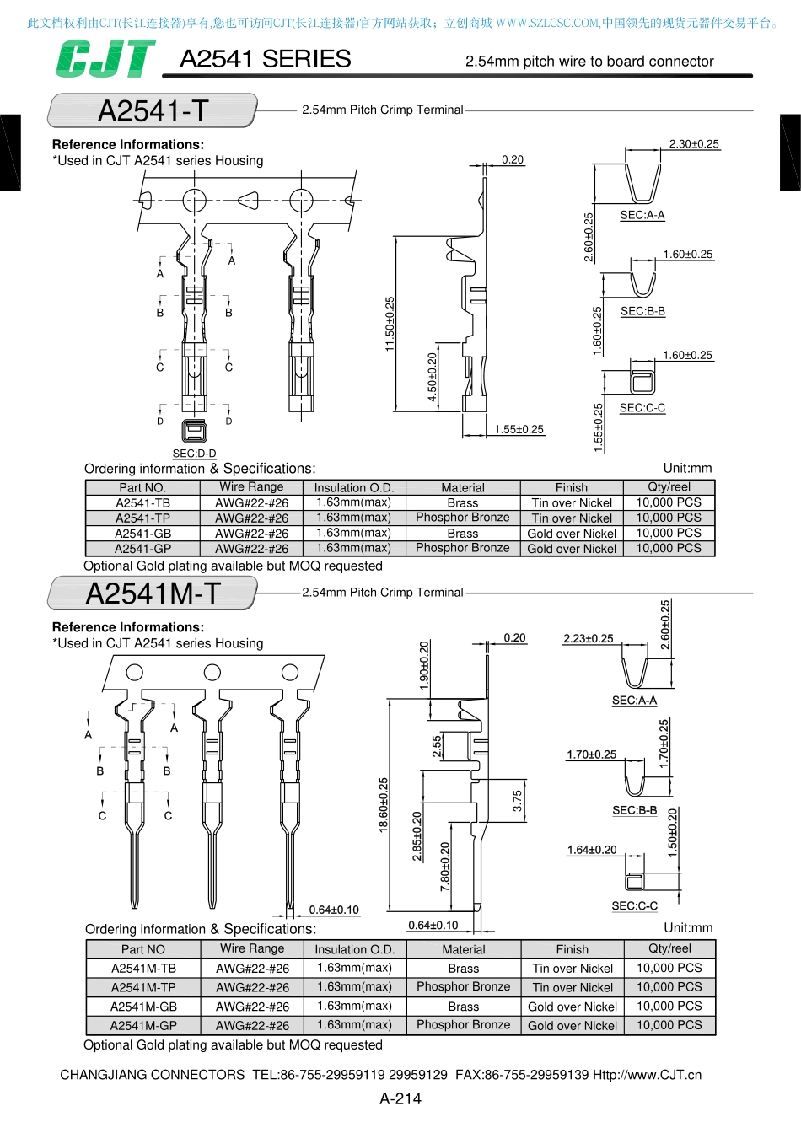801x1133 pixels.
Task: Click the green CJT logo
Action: [105, 59]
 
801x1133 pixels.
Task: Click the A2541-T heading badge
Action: [153, 110]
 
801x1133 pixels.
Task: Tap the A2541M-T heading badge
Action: [153, 593]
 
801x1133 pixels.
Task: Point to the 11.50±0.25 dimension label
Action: [390, 324]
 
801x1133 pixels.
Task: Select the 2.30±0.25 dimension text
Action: [694, 144]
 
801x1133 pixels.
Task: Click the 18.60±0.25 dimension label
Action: [384, 804]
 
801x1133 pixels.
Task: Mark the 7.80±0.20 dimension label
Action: [445, 867]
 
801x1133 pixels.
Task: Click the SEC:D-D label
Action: [194, 454]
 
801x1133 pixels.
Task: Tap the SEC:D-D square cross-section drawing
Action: [194, 432]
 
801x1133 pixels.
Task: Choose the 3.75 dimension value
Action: [517, 801]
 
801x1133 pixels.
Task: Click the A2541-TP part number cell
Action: [142, 518]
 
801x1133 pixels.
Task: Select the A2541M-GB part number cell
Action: [143, 1007]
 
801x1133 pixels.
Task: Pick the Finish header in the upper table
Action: [572, 487]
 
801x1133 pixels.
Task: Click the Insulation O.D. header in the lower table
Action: [355, 949]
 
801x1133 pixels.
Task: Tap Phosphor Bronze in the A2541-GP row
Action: [463, 548]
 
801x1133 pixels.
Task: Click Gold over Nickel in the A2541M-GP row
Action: [573, 1026]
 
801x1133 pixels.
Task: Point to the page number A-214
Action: [400, 1098]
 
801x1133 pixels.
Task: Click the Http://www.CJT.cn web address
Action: [648, 1075]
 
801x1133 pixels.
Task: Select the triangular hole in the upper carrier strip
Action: [248, 201]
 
